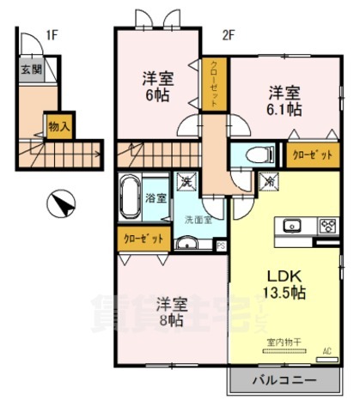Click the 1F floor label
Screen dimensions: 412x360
pyautogui.click(x=52, y=35)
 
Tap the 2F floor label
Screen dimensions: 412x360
pyautogui.click(x=228, y=35)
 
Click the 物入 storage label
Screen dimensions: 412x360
pyautogui.click(x=58, y=125)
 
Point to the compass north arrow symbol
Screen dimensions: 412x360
pyautogui.click(x=60, y=204)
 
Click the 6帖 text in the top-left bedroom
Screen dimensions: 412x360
pyautogui.click(x=157, y=95)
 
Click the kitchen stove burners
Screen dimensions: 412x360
pyautogui.click(x=327, y=227)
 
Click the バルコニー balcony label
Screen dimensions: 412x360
pyautogui.click(x=284, y=379)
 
